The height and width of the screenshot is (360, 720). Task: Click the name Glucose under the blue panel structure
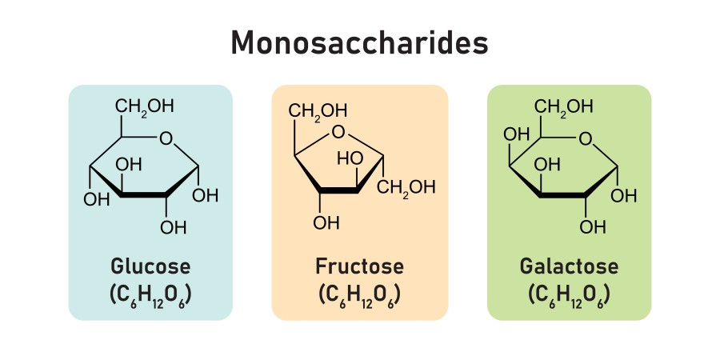coord(150,266)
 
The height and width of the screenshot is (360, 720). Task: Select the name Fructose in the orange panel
coord(359,266)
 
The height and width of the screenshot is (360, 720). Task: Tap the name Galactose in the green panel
coord(569,266)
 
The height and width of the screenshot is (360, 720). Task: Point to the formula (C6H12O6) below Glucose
coord(150,294)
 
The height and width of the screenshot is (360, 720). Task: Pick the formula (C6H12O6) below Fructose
coord(359,294)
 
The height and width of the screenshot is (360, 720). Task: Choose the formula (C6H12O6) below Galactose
coord(569,294)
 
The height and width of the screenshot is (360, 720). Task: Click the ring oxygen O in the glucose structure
coord(166,139)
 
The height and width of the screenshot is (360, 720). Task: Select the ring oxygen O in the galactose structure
coord(586,139)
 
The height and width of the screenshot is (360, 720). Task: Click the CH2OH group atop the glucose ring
coord(144,106)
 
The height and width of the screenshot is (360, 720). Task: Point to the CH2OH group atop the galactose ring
coord(564,106)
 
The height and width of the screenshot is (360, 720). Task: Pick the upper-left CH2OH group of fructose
coord(318,110)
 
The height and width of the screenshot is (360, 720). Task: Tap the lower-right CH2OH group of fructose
coord(406,188)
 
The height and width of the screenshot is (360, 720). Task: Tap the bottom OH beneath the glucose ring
coord(173,227)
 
